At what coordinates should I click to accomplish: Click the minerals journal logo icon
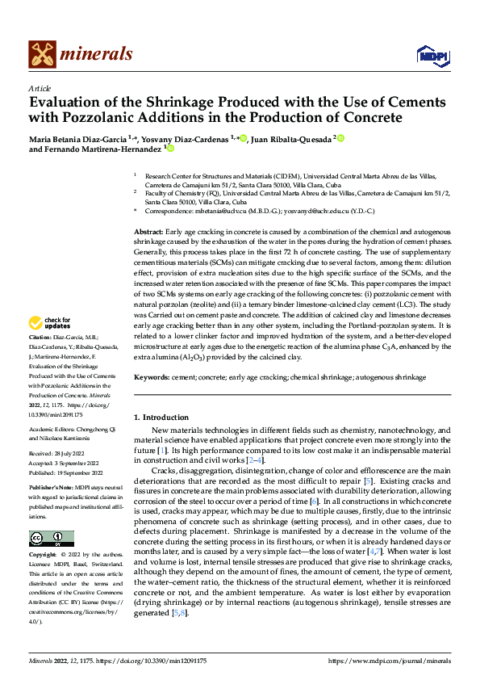(43, 54)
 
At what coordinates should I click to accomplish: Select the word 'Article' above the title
(40, 88)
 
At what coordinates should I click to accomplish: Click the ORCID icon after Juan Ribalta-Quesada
(341, 138)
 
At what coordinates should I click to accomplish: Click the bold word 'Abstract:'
(150, 232)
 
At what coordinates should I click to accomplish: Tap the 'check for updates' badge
(51, 322)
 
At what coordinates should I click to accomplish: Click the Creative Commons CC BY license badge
(51, 539)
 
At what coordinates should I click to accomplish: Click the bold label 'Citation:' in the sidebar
(40, 336)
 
